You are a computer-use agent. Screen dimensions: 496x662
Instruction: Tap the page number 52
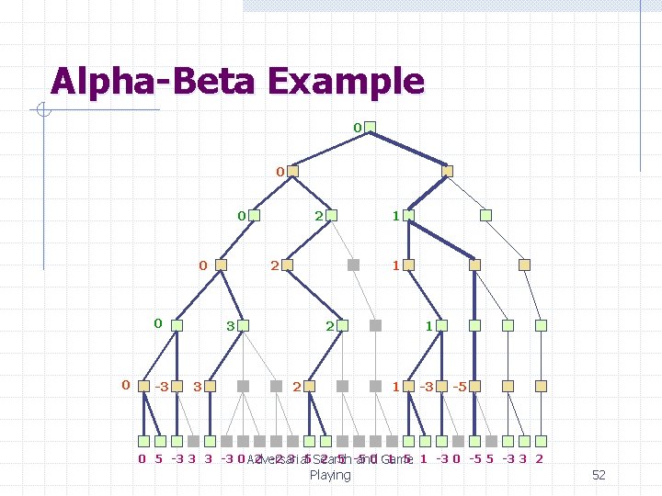[x=599, y=475]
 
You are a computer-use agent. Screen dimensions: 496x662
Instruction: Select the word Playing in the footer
[x=330, y=475]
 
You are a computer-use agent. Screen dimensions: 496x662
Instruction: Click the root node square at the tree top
[x=370, y=127]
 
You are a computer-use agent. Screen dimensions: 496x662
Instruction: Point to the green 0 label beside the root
[x=357, y=126]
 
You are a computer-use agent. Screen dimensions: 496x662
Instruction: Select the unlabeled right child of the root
[x=447, y=171]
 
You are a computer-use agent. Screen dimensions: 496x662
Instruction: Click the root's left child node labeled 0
[x=292, y=171]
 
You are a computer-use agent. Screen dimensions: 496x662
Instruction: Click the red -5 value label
[x=459, y=387]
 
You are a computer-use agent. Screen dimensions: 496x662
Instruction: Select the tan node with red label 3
[x=211, y=386]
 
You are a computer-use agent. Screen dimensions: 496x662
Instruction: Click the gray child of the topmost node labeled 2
[x=353, y=265]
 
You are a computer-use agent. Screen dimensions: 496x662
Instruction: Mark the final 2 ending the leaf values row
[x=539, y=458]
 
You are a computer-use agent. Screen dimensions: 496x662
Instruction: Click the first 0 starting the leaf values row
[x=142, y=458]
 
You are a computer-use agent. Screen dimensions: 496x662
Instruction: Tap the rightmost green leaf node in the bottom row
[x=541, y=440]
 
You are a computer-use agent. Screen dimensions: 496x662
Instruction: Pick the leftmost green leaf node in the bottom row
[x=143, y=440]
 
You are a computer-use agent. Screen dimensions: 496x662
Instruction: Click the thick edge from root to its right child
[x=408, y=149]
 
